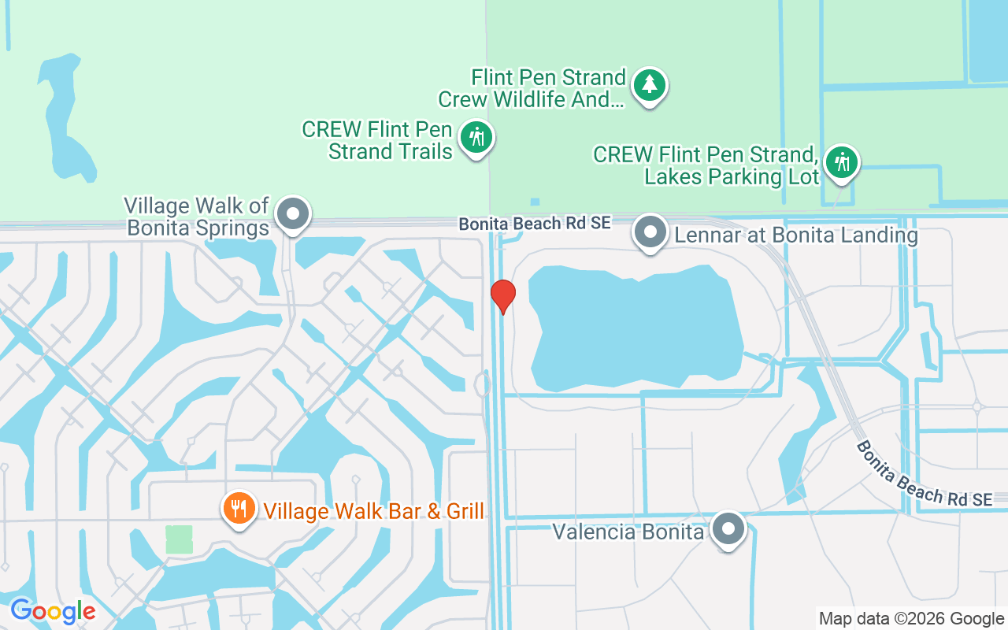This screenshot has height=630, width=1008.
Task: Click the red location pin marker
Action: pyautogui.click(x=503, y=296)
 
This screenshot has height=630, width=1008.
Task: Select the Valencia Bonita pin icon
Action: pyautogui.click(x=729, y=529)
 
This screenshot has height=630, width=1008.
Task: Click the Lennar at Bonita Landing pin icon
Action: pyautogui.click(x=650, y=232)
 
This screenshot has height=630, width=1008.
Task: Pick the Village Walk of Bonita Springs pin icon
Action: pyautogui.click(x=294, y=213)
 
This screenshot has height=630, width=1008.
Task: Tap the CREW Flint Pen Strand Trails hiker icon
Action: pyautogui.click(x=476, y=138)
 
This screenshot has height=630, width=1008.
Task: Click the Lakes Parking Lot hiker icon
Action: pyautogui.click(x=842, y=163)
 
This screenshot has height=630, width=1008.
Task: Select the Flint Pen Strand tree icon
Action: pyautogui.click(x=649, y=83)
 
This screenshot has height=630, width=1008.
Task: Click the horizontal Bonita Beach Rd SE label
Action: pyautogui.click(x=535, y=224)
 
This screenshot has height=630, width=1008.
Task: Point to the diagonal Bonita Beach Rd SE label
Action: pyautogui.click(x=923, y=474)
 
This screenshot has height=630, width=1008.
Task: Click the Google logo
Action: pyautogui.click(x=53, y=611)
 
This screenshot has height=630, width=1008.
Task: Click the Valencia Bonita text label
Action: pyautogui.click(x=628, y=532)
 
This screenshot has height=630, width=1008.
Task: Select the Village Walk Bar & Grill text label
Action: pyautogui.click(x=374, y=511)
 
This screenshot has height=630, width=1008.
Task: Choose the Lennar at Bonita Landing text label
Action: pyautogui.click(x=792, y=235)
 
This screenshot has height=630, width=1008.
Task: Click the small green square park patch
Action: pyautogui.click(x=179, y=539)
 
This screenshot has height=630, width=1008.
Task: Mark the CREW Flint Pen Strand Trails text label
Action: pyautogui.click(x=377, y=140)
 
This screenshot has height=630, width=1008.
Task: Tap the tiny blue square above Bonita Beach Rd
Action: pyautogui.click(x=535, y=202)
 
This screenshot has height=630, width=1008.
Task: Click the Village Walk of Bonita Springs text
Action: pyautogui.click(x=197, y=217)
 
